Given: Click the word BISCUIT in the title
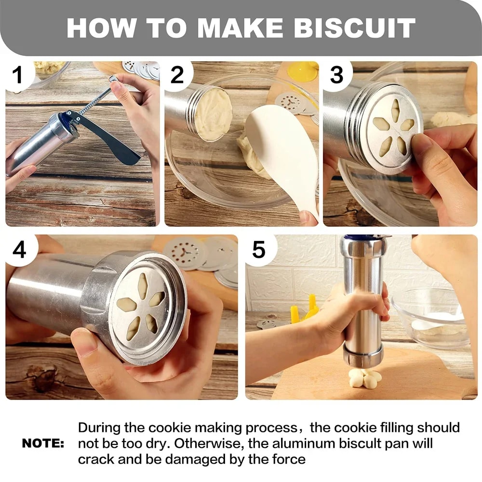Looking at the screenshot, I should click(354, 28).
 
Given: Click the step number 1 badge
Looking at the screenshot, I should click(18, 76).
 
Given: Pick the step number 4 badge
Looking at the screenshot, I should click(19, 250).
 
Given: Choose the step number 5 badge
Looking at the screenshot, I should click(259, 250).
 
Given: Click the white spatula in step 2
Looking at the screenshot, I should click(284, 154).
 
